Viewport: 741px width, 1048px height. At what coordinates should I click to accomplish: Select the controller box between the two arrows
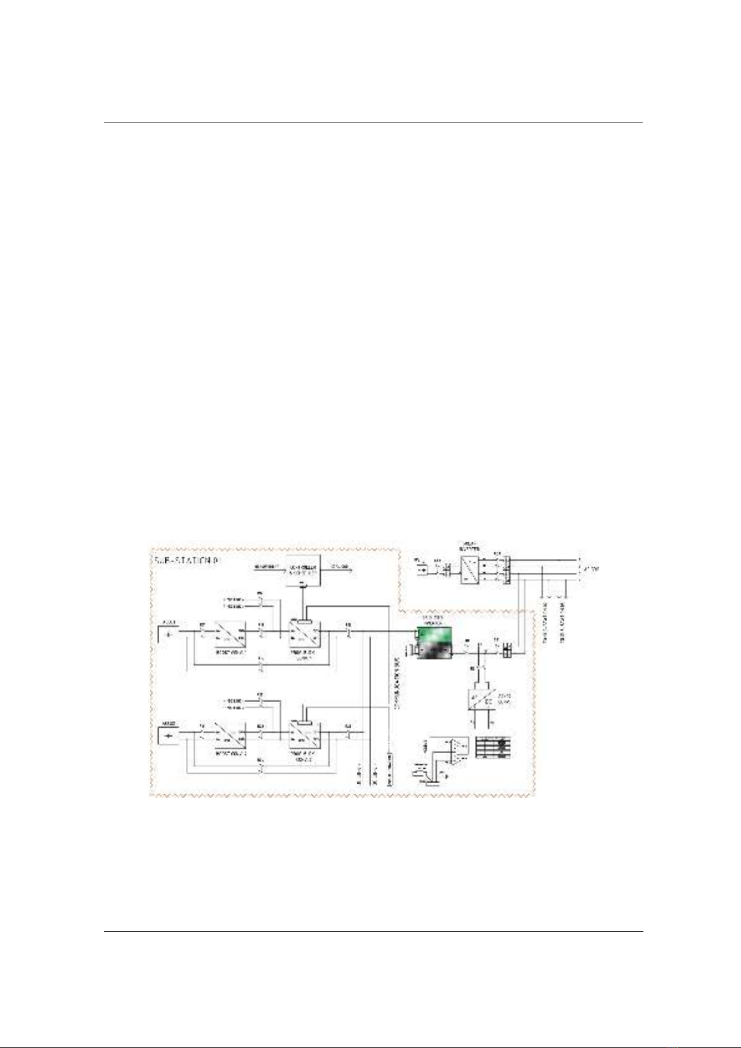click(303, 571)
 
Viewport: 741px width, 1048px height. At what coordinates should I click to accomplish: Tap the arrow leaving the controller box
click(339, 567)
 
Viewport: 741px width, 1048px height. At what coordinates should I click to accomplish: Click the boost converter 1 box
click(231, 634)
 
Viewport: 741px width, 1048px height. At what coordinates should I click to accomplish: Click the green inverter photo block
click(435, 643)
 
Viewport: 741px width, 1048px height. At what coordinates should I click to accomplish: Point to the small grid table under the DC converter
click(493, 747)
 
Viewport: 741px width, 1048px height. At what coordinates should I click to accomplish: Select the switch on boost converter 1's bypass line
click(262, 666)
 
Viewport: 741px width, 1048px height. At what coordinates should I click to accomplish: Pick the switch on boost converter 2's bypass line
click(262, 768)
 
